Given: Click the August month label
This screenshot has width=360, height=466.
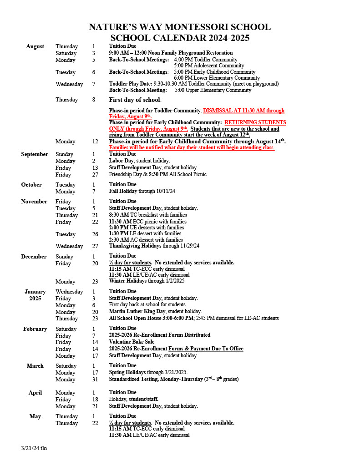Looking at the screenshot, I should click(x=35, y=46).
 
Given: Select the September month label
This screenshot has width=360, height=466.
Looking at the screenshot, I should click(x=35, y=154).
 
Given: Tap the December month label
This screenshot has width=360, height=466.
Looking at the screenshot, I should click(x=34, y=257).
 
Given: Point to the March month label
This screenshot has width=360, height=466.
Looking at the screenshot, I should click(x=35, y=366).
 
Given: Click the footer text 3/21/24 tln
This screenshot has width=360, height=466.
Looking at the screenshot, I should click(x=34, y=448).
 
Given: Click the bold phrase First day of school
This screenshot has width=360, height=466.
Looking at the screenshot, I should click(x=135, y=100).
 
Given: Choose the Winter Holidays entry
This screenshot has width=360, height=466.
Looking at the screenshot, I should click(x=128, y=281).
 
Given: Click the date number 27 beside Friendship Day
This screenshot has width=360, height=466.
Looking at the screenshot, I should click(x=95, y=175).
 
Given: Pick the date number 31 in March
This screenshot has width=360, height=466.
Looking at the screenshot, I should click(x=95, y=380).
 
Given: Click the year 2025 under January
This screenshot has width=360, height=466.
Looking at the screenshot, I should click(x=35, y=299).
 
